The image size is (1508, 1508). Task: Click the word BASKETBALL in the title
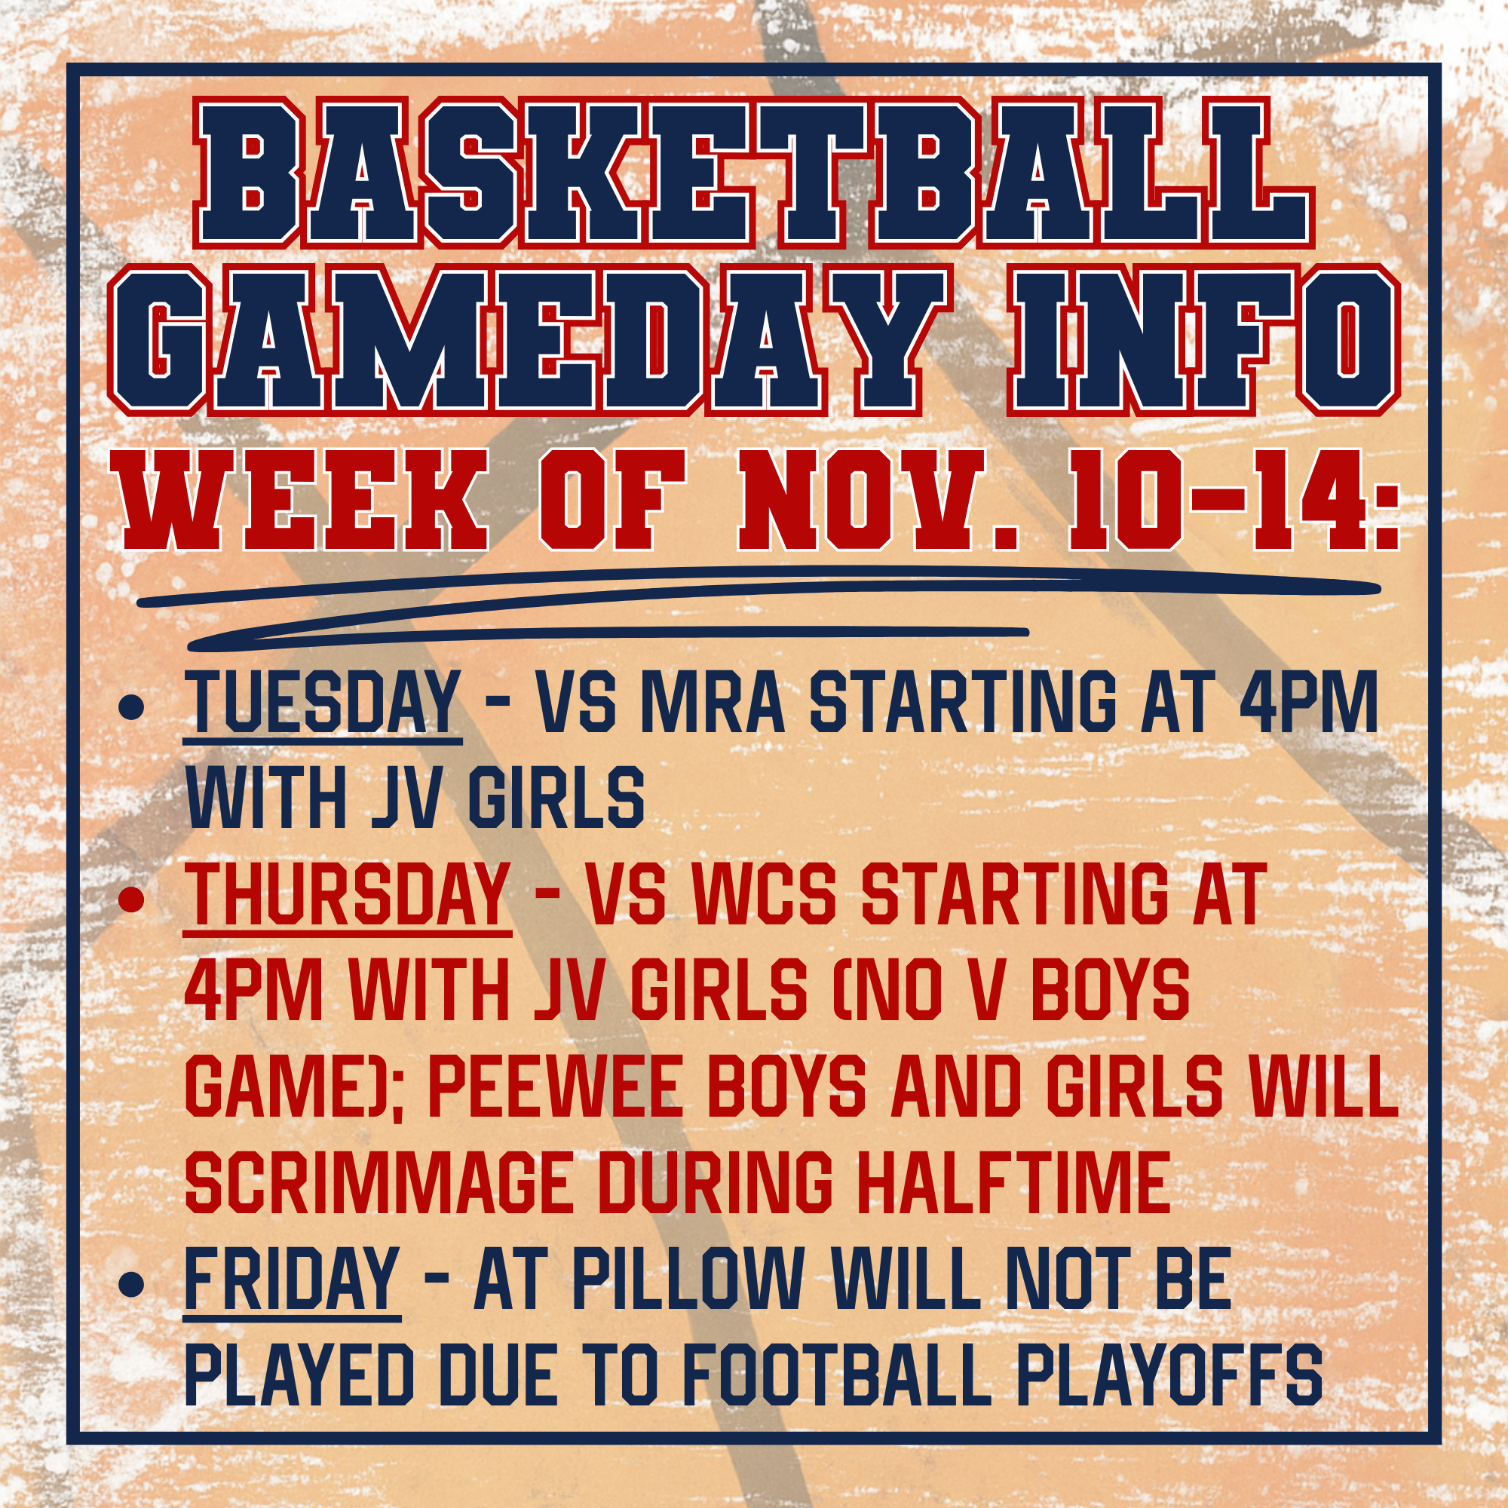(754, 172)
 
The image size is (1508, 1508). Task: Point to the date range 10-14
(1234, 501)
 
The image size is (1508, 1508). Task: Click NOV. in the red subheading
(881, 501)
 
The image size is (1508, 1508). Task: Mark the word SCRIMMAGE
(379, 1183)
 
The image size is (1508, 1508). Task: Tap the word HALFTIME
(1013, 1183)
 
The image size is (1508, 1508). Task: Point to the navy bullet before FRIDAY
(131, 1285)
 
